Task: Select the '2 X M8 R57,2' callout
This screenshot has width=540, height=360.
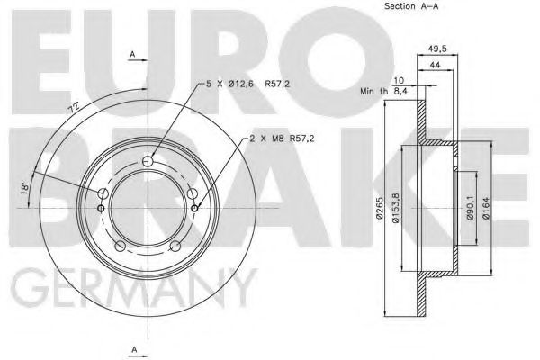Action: [284, 139]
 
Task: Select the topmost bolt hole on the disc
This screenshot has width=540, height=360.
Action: [148, 159]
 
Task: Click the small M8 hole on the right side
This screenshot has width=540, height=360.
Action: [195, 209]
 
